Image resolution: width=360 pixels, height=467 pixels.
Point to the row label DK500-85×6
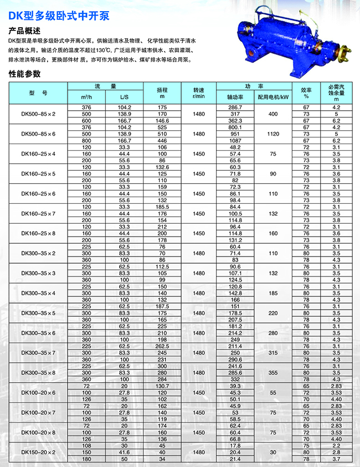(39, 134)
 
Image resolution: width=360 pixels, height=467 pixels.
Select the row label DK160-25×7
(39, 214)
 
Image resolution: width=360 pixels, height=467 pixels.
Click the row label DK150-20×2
(39, 453)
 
